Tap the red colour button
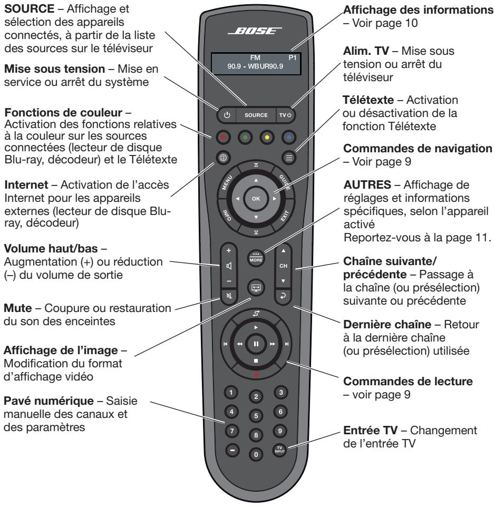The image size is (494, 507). tap(222, 136)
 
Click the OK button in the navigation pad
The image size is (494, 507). tap(256, 198)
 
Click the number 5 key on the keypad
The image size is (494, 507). tap(256, 414)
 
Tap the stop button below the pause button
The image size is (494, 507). tap(256, 360)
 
